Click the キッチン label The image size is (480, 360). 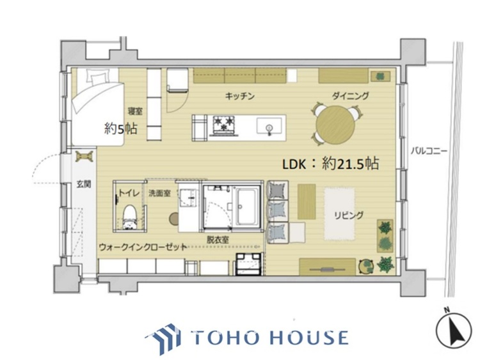(240, 97)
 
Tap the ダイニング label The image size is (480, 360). (350, 97)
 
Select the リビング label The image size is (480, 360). (349, 215)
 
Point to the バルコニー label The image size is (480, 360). (428, 152)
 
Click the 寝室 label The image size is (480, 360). (133, 108)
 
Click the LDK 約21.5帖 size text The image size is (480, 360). (332, 164)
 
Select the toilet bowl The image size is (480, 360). (129, 214)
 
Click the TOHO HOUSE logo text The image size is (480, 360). (269, 338)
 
